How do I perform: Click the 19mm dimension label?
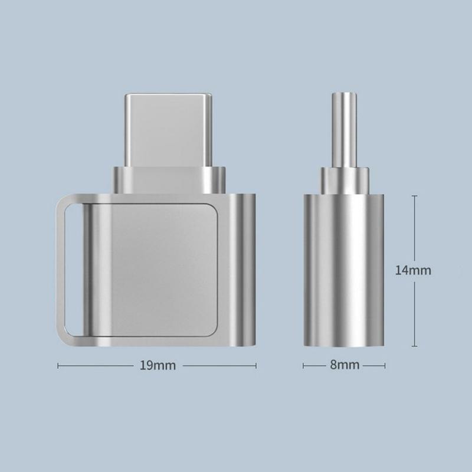(x=158, y=365)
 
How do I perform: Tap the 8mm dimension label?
(x=345, y=365)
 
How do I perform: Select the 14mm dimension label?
(x=413, y=270)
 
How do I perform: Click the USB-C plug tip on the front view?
(x=169, y=130)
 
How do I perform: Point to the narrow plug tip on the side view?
(x=345, y=130)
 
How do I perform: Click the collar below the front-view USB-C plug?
(x=169, y=180)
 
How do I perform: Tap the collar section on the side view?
(x=345, y=181)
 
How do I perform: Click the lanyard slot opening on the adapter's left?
(x=73, y=270)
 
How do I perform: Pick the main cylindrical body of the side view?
(x=344, y=270)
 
